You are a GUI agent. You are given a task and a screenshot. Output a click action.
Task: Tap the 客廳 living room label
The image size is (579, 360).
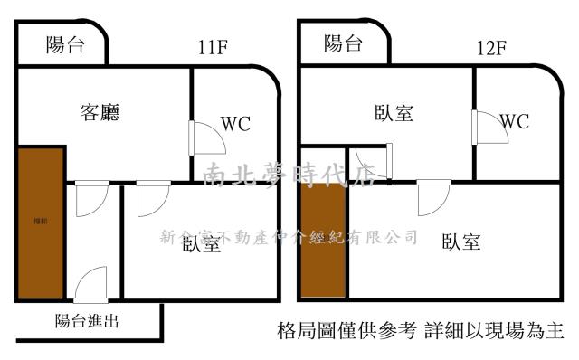[x=100, y=113]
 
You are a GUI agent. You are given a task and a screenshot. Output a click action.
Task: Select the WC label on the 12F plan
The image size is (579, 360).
[x=514, y=120]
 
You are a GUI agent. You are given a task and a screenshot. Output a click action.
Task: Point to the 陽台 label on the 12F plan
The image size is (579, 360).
[x=343, y=43]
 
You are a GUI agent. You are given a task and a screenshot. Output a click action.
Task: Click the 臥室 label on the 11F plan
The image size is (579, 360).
[x=201, y=243]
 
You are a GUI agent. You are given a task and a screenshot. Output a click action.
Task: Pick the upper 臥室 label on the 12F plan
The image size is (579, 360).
[x=394, y=113]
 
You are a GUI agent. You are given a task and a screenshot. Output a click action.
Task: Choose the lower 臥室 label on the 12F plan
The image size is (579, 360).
[x=461, y=242]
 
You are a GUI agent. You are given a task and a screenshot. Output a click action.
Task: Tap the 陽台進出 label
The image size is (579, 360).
[x=88, y=320]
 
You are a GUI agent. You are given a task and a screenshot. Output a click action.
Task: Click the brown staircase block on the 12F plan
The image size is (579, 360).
[x=323, y=241]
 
